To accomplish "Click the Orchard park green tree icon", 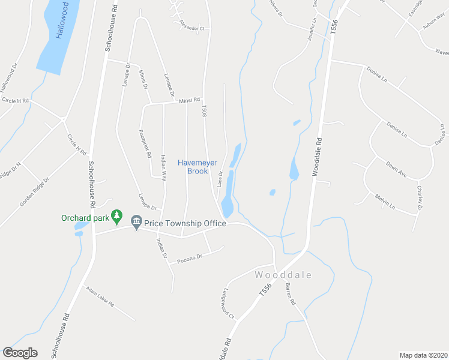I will tap(118, 216).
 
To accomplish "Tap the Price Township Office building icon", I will tap(136, 223).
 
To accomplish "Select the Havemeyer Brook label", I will tap(193, 167).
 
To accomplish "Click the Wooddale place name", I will tap(283, 275).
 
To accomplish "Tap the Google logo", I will tap(20, 353).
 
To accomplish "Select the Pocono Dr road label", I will tap(190, 258).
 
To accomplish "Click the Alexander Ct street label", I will tap(192, 28).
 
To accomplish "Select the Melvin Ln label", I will tap(384, 204).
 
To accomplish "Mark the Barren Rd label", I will tap(291, 293).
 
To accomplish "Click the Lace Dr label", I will tap(220, 178).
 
